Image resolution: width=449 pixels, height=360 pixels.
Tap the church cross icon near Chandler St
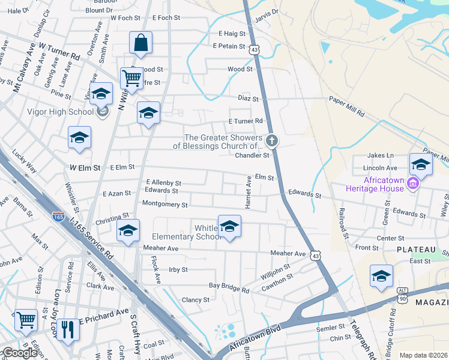(272, 142)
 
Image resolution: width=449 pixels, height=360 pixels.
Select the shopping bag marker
(140, 43)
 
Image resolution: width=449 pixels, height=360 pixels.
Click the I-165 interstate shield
(58, 218)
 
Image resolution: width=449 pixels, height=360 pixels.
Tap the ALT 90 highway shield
(402, 294)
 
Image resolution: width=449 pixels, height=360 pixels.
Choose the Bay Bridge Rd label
(232, 286)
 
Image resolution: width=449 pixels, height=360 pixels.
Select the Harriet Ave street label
(249, 192)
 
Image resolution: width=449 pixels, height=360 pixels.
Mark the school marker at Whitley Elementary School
(229, 226)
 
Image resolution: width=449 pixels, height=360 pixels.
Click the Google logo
(20, 353)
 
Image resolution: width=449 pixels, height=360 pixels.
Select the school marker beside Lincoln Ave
(421, 164)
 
